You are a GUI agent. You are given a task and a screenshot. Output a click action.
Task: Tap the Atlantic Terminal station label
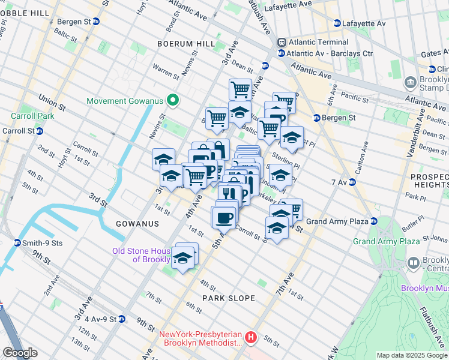(318, 43)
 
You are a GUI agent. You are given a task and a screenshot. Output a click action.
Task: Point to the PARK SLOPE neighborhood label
(228, 298)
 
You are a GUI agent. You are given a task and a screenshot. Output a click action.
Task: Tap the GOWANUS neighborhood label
(138, 224)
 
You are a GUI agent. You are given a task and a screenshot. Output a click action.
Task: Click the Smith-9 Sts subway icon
(17, 243)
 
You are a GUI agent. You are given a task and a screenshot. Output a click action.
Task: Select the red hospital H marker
(251, 338)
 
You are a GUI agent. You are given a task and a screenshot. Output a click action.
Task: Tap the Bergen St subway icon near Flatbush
(316, 118)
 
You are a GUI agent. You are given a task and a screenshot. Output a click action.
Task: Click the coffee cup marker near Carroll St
(224, 217)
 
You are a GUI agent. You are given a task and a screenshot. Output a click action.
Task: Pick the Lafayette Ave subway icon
(337, 23)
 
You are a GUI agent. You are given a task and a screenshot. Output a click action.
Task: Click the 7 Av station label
(340, 181)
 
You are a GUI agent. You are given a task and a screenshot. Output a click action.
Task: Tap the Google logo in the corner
(19, 353)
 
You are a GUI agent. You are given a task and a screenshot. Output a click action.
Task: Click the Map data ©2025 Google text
(411, 355)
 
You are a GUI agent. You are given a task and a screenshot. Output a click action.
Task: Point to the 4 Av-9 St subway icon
(122, 319)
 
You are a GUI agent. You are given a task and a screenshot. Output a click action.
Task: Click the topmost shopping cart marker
(240, 89)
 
